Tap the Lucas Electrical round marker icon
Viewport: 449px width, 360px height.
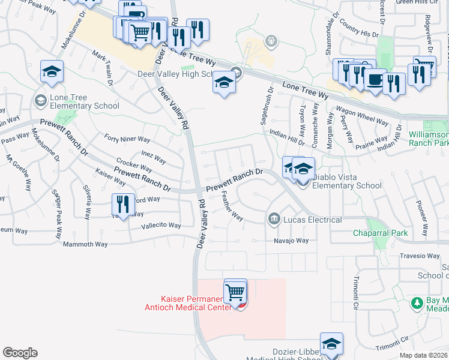tap(274, 218)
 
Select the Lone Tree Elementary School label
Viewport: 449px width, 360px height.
tap(77, 101)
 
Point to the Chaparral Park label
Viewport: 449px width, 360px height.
tap(380, 233)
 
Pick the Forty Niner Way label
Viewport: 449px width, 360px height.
tap(127, 139)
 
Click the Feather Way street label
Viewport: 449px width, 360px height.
tap(232, 206)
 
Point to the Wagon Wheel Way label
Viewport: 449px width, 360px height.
tap(363, 116)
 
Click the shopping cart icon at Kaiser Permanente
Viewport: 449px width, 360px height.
tap(235, 292)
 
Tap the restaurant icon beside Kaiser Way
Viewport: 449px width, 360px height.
tap(123, 204)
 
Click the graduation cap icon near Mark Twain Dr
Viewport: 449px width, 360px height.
tap(52, 72)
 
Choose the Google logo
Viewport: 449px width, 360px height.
tap(20, 353)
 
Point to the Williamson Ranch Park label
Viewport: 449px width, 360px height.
tap(428, 139)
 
